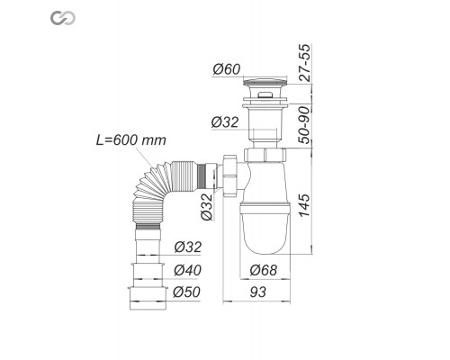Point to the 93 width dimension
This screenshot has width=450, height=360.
tap(257, 292)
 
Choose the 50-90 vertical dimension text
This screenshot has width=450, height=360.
tap(309, 128)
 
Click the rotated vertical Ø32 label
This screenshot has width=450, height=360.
tap(207, 207)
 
